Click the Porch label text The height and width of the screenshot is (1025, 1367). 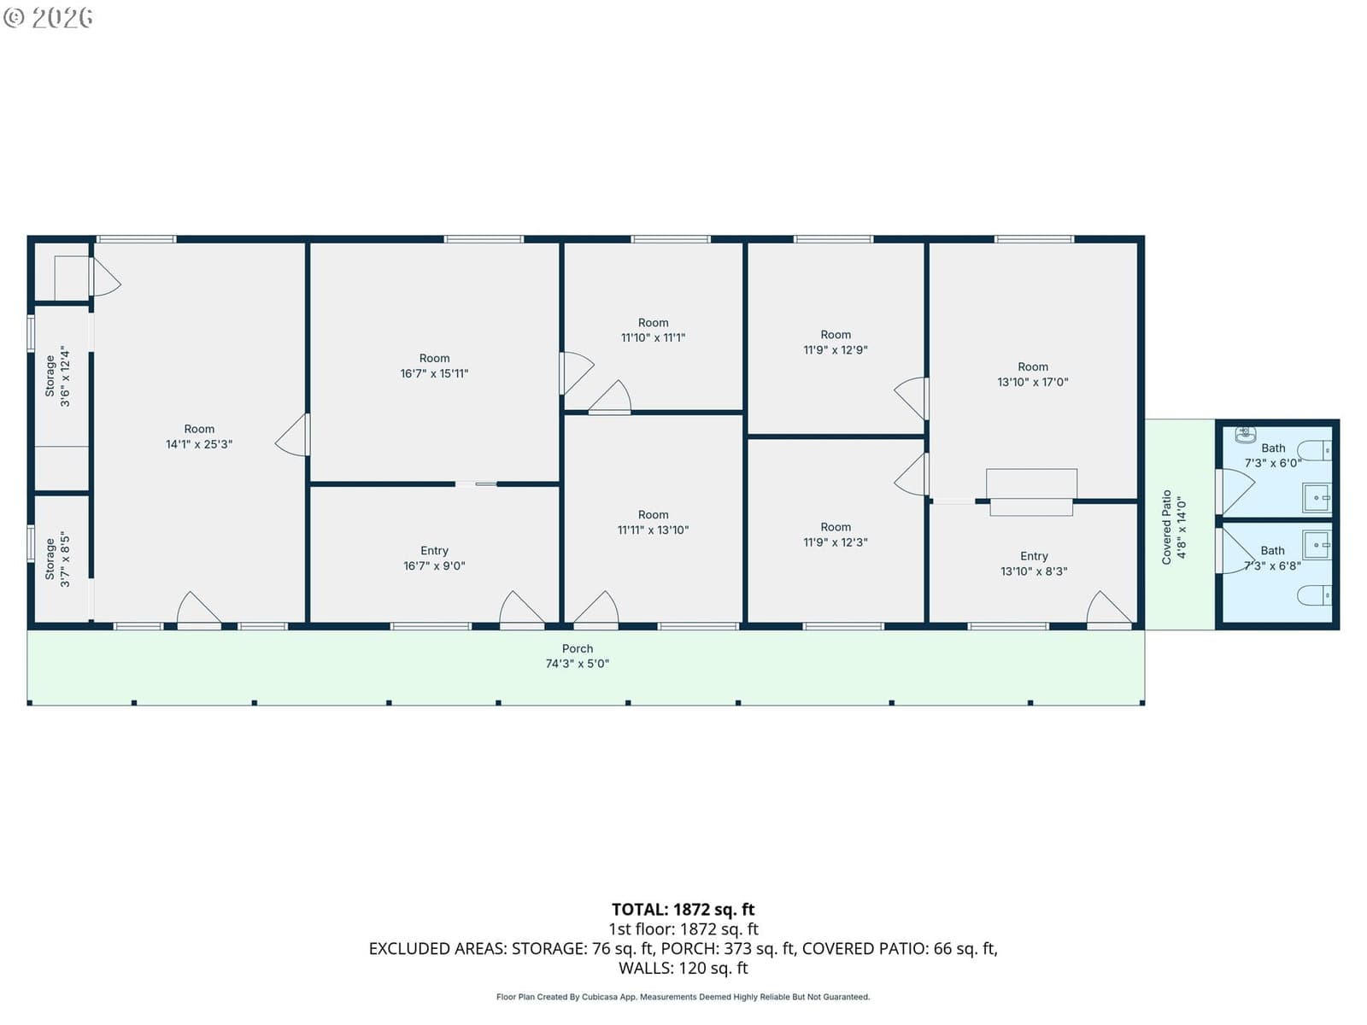click(x=577, y=648)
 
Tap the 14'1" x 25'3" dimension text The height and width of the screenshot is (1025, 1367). click(x=199, y=444)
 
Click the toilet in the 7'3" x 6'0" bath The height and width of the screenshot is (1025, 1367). click(x=1314, y=450)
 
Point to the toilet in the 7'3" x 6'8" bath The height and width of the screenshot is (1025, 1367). click(x=1314, y=595)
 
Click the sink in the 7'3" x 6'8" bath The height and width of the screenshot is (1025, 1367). click(x=1317, y=546)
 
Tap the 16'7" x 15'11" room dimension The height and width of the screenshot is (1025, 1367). click(x=434, y=373)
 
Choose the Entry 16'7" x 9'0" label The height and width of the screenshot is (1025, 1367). click(x=434, y=559)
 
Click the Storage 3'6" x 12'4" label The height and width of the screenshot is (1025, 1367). click(x=57, y=377)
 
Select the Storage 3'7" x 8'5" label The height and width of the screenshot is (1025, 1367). click(x=57, y=559)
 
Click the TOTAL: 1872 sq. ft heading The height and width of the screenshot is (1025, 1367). click(x=683, y=910)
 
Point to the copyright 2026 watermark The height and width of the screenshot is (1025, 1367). click(x=48, y=17)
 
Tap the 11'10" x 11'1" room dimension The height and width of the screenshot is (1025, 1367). click(x=653, y=338)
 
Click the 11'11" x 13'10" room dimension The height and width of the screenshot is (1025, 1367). click(x=653, y=530)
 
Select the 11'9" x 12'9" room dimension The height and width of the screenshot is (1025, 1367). click(x=835, y=349)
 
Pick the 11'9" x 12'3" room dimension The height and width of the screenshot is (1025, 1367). click(x=835, y=542)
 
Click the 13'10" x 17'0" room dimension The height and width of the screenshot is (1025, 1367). click(x=1033, y=382)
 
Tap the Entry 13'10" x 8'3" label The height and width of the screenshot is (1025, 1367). click(x=1034, y=564)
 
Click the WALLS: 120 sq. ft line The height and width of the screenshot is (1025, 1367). click(x=683, y=969)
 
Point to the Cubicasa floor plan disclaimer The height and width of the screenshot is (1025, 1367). click(x=683, y=997)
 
